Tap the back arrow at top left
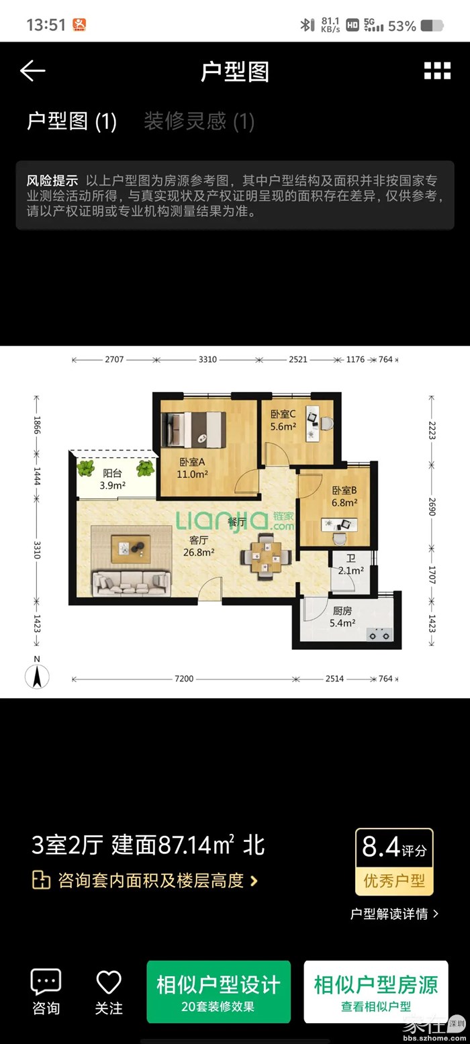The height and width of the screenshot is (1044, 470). [x=32, y=71]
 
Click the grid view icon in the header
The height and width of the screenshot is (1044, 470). [x=437, y=71]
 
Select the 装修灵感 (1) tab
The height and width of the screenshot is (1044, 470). [x=199, y=122]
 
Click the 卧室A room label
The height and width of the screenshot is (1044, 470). [x=192, y=462]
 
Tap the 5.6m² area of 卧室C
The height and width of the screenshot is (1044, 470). [x=283, y=426]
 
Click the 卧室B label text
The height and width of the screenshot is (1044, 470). [x=344, y=490]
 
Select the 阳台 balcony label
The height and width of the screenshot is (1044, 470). [x=112, y=473]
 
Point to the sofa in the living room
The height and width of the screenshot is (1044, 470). [x=131, y=583]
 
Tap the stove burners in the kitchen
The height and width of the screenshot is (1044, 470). [x=379, y=634]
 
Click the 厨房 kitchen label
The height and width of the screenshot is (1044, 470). [x=342, y=610]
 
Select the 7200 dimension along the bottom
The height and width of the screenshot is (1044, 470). [x=184, y=679]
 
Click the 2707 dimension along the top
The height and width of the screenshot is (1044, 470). [x=114, y=359]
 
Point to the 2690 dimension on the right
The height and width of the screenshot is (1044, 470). [x=432, y=507]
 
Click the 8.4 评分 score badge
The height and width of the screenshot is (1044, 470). [x=394, y=862]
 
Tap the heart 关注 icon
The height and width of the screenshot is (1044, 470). [x=109, y=982]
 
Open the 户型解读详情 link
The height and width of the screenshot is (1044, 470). [x=394, y=914]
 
